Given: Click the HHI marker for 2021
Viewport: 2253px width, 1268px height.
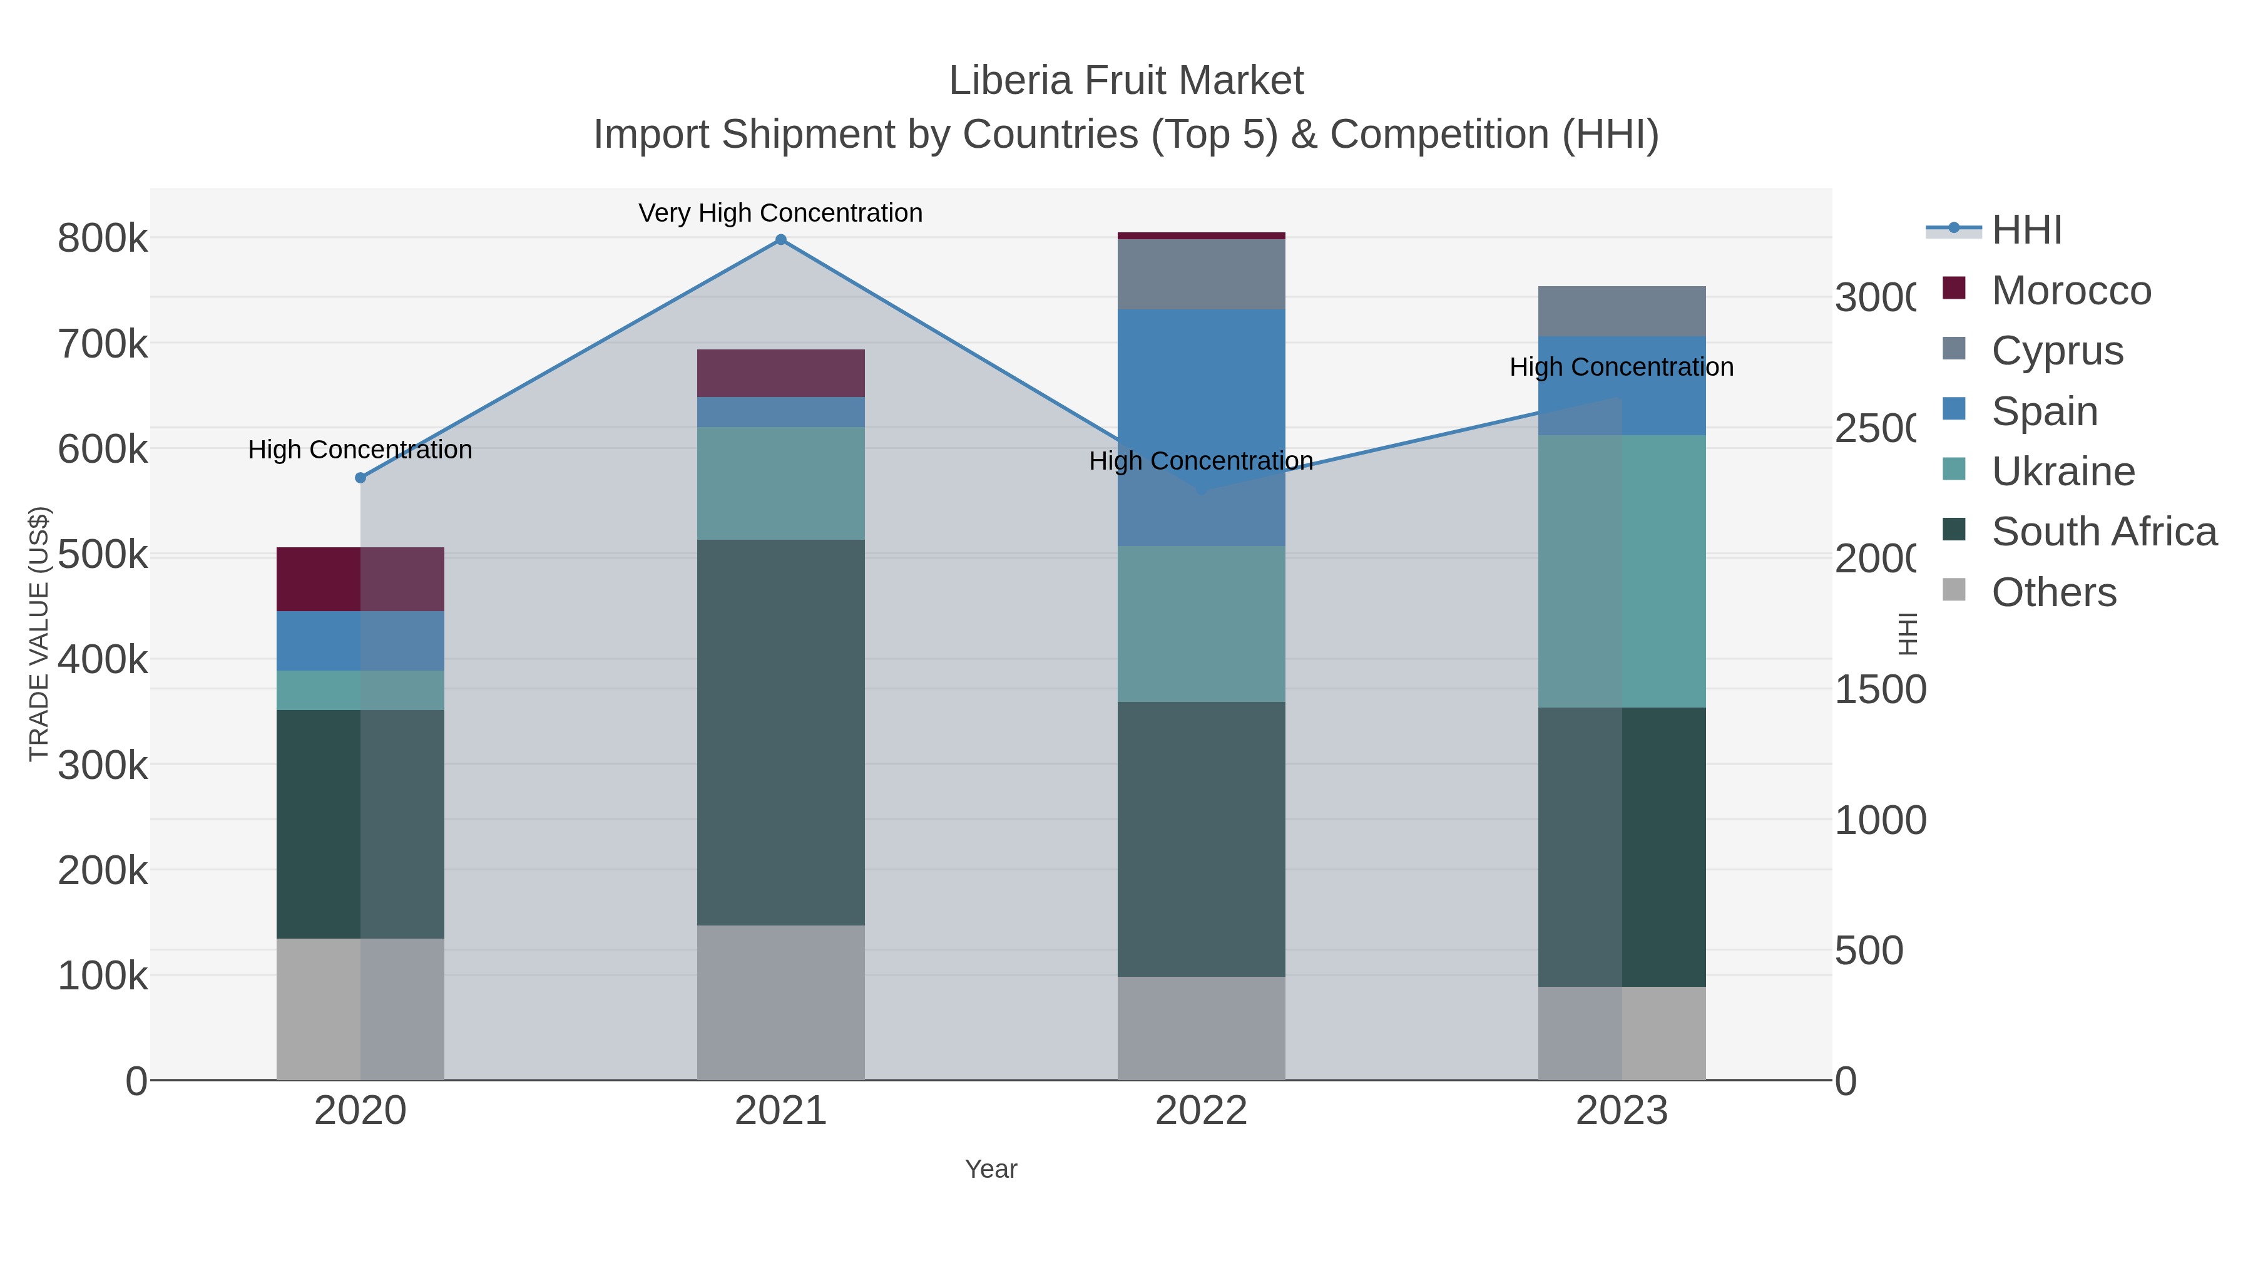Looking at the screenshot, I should point(781,240).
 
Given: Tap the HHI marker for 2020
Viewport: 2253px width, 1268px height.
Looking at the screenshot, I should point(360,478).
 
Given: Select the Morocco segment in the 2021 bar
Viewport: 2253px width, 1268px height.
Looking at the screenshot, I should point(781,374).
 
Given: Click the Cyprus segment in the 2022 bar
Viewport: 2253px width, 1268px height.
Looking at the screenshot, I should point(1201,274).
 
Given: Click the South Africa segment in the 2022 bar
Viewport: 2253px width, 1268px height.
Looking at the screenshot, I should point(1201,839).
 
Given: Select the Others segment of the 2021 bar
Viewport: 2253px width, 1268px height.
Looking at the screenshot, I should point(781,1002).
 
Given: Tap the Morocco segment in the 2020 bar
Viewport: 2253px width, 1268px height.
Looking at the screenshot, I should point(360,579).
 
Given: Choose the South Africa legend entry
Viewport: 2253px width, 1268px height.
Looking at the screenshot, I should point(2103,532).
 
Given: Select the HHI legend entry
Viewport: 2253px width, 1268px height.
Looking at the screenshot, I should point(2026,230).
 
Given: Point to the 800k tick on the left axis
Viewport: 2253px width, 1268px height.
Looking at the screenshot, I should point(103,238).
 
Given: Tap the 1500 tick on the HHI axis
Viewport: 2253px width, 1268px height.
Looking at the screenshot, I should point(1879,689).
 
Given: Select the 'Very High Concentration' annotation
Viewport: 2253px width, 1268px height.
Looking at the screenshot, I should point(780,214).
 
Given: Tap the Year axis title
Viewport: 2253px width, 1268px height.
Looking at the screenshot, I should point(991,1169).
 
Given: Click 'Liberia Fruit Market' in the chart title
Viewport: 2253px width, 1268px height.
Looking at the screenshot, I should point(1126,81).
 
